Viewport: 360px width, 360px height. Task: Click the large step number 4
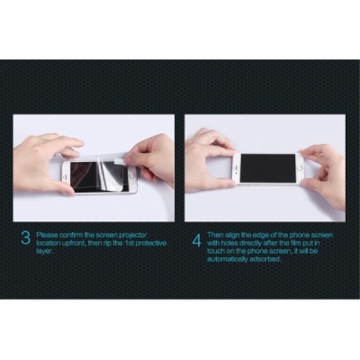196,241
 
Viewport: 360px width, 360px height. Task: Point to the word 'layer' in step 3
45,251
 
